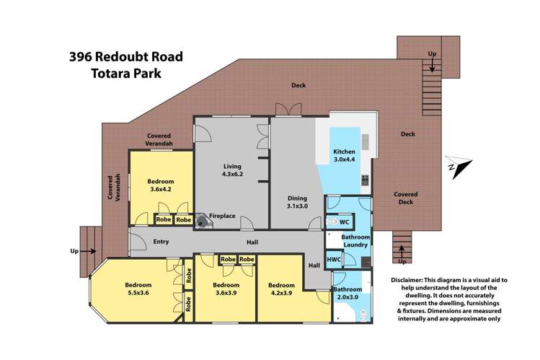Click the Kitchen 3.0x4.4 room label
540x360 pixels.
coord(344,156)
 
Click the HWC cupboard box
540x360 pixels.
coord(334,259)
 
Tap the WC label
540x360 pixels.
coord(344,223)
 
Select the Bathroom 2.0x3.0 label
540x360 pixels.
coord(349,294)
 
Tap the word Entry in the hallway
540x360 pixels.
coord(161,242)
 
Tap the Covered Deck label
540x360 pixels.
coord(407,198)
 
